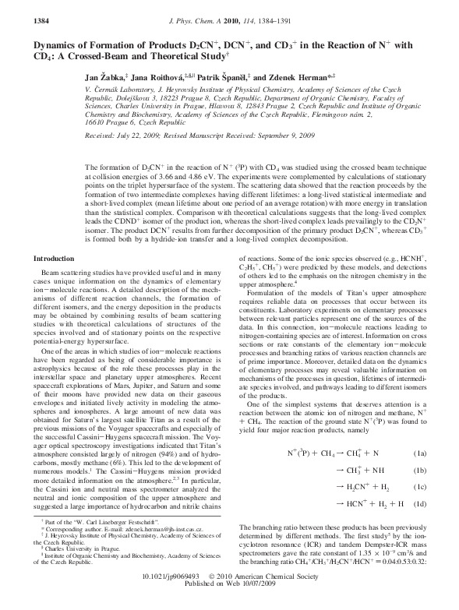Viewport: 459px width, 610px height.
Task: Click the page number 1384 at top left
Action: [x=23, y=7]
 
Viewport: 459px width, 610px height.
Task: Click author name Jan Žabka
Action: [x=112, y=78]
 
